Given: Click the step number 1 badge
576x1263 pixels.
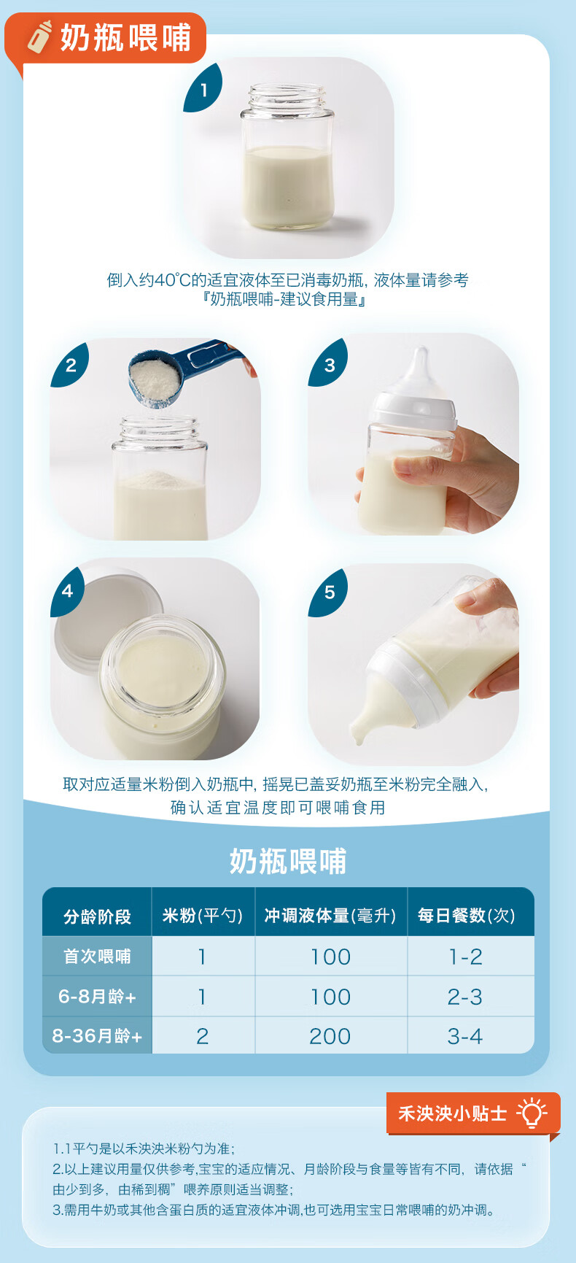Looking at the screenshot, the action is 203,89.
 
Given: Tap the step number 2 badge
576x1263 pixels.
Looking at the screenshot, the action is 70,364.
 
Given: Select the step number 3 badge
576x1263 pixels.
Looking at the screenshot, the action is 328,364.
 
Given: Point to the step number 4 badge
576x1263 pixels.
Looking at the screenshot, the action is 69,590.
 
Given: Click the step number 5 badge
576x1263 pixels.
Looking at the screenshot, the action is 328,591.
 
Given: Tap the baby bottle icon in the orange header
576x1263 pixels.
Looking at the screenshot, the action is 40,36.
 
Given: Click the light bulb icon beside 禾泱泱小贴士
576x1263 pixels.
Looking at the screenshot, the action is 532,1113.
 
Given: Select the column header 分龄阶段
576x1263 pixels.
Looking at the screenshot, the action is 97,916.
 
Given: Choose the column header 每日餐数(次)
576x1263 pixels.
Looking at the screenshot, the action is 467,916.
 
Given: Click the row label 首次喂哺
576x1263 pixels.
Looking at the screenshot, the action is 97,957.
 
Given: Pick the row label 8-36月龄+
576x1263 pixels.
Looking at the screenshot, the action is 97,1036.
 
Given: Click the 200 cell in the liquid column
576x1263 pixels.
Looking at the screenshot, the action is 330,1036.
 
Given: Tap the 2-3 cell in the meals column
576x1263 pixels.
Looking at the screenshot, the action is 465,997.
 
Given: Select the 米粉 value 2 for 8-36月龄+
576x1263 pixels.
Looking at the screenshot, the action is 203,1036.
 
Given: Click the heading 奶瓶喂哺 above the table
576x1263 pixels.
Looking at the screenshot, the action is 288,862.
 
